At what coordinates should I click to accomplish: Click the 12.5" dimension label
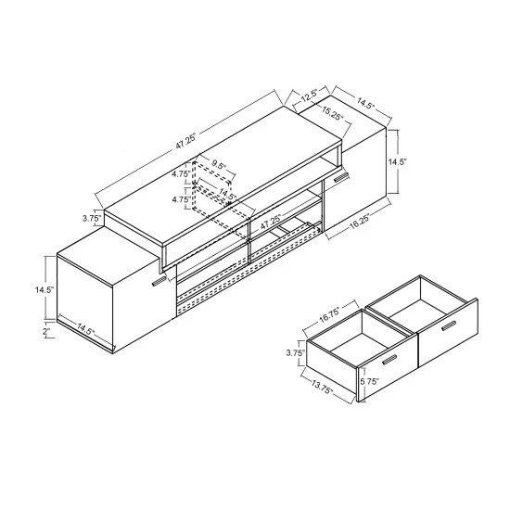point(308,93)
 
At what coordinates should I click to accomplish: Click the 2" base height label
point(45,331)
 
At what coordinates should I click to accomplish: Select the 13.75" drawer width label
point(323,383)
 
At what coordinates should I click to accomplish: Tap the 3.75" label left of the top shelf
point(91,219)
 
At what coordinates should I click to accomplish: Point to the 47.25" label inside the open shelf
point(271,223)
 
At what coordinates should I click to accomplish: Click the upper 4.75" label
point(181,172)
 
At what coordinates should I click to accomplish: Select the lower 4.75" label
point(181,198)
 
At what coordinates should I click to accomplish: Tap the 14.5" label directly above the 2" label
point(43,289)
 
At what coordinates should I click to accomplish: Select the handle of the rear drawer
point(450,324)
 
